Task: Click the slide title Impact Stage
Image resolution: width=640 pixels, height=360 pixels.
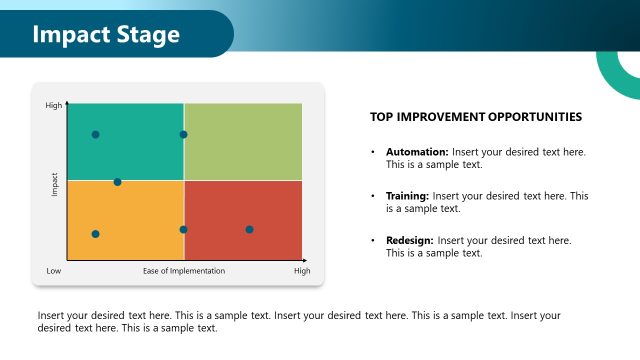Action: tap(106, 35)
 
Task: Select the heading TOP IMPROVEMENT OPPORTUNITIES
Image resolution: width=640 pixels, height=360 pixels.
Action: tap(476, 117)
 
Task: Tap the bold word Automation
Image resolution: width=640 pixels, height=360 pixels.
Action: tap(416, 152)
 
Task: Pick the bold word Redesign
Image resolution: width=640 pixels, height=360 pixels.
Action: tap(410, 241)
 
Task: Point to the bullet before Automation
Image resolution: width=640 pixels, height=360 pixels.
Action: tap(373, 152)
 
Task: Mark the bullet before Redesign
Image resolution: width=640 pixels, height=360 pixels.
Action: tap(373, 241)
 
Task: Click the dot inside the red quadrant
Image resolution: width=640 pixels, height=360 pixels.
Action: tap(249, 229)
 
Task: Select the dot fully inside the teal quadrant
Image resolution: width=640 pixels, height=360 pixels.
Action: tap(96, 134)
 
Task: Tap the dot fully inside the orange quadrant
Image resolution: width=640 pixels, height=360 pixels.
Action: tap(96, 234)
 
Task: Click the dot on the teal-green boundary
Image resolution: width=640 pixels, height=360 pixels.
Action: tap(183, 134)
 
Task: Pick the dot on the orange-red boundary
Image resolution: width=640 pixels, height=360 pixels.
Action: tap(183, 229)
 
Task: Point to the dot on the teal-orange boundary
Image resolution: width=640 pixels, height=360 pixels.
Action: tap(117, 182)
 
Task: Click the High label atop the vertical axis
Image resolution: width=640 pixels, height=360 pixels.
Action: tap(54, 105)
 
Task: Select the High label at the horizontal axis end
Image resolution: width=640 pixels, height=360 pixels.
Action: tap(302, 271)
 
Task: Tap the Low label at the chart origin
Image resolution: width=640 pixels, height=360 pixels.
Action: tap(54, 271)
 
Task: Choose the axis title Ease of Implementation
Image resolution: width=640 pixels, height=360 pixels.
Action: tap(184, 271)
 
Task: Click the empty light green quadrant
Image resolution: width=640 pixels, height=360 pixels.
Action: tap(243, 142)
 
